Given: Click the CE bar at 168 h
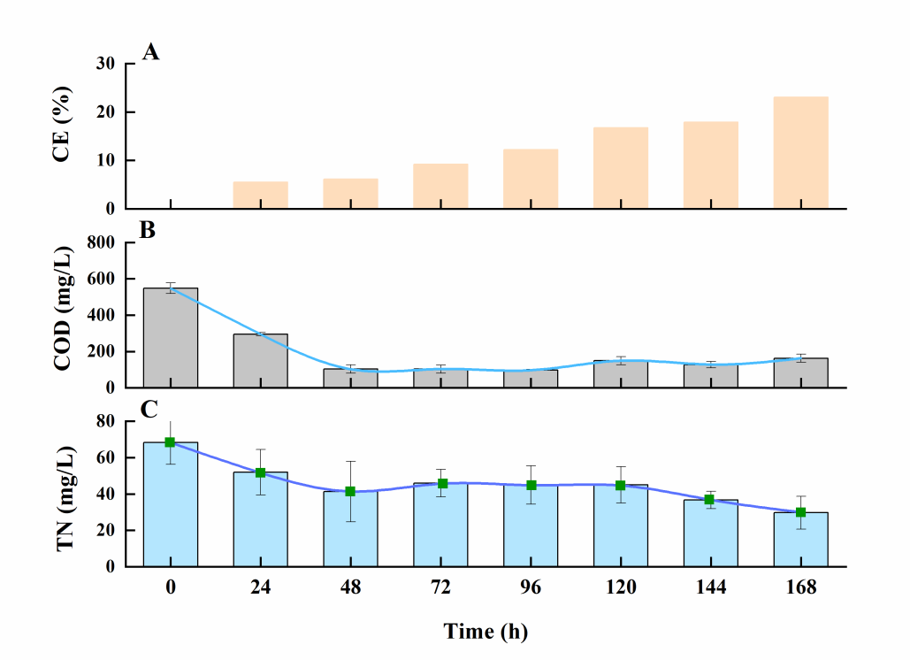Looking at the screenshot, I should (x=800, y=152).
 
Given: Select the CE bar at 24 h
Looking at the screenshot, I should (x=260, y=195).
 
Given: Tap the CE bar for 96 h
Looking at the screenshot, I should (x=531, y=179).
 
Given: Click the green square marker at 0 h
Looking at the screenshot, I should (x=170, y=442).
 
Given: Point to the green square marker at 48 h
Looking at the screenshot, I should (x=350, y=491).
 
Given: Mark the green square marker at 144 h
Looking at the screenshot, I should (x=709, y=500).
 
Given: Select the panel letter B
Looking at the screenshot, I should (x=149, y=232).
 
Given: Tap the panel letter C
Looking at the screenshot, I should (x=149, y=410).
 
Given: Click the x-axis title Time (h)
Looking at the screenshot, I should (x=486, y=632).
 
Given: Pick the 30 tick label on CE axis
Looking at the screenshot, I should (x=105, y=64).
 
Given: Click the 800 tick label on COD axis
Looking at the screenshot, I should (x=100, y=242).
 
